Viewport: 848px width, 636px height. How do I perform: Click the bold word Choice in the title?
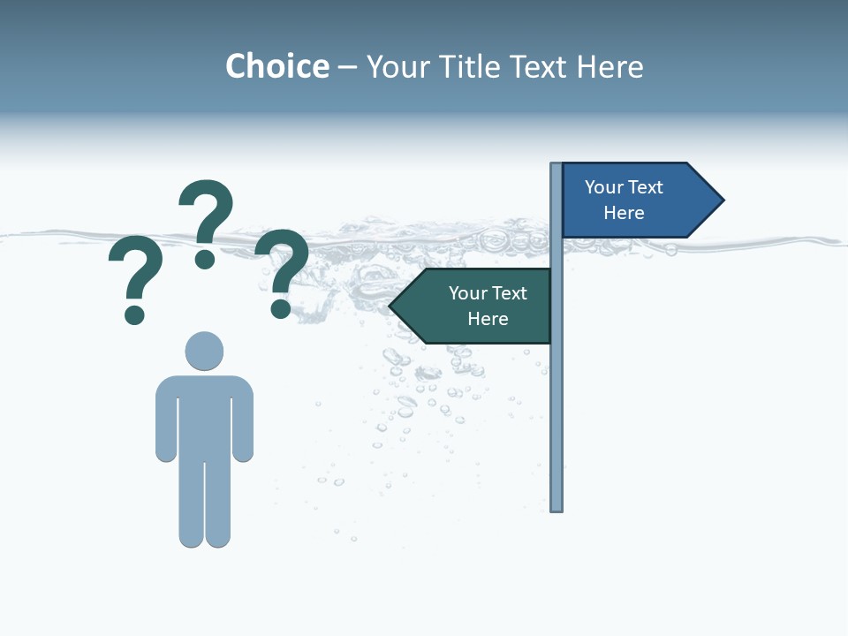276,66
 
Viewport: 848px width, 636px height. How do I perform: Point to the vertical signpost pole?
556,397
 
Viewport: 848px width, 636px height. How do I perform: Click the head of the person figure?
204,351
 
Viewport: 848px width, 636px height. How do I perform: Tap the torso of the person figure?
204,415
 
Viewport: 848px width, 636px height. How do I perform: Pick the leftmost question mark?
135,269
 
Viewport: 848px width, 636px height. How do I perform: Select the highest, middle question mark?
206,212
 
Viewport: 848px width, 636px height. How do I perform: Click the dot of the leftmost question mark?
134,314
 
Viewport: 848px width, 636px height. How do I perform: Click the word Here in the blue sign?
624,213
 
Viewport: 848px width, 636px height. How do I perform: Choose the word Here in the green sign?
488,319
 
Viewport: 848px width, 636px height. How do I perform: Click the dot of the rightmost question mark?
281,308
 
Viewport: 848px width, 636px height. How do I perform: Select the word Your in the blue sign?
603,187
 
